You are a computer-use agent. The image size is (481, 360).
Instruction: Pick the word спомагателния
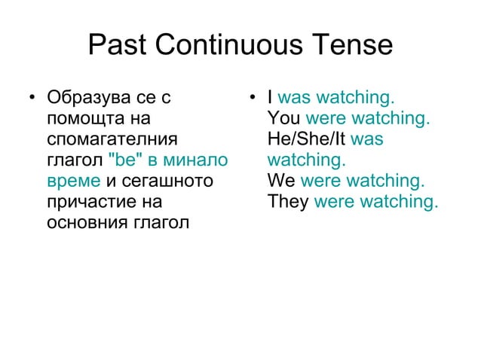click(x=112, y=140)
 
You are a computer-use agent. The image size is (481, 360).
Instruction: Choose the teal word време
click(x=73, y=182)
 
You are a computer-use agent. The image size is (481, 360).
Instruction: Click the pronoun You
click(x=283, y=119)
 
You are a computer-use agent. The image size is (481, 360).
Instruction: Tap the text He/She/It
click(x=307, y=140)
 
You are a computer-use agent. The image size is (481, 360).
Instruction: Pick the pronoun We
click(x=281, y=182)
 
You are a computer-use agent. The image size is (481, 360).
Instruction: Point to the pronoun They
click(x=288, y=203)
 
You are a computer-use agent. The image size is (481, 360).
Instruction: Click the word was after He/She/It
click(x=368, y=140)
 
